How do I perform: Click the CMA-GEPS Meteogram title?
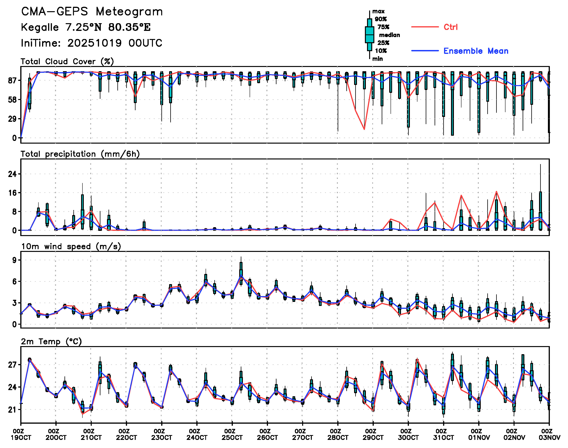click(x=92, y=12)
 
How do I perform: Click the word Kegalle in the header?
click(x=40, y=27)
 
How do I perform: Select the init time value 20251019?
click(x=94, y=43)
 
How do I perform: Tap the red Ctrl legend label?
click(x=450, y=27)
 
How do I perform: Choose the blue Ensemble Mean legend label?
click(x=476, y=51)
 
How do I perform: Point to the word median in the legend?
click(x=389, y=35)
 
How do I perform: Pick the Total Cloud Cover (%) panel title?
click(x=67, y=62)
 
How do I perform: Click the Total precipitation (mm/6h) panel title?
click(x=80, y=154)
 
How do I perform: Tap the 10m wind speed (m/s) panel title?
click(x=71, y=246)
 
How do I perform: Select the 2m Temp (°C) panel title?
click(x=51, y=341)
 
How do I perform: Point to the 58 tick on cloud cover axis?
click(x=12, y=100)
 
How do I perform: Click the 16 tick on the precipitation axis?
click(x=12, y=193)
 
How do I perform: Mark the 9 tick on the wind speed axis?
click(x=14, y=260)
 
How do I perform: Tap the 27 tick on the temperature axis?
click(x=12, y=365)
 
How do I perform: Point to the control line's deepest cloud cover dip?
click(x=364, y=129)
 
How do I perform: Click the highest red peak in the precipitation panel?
click(x=496, y=191)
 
